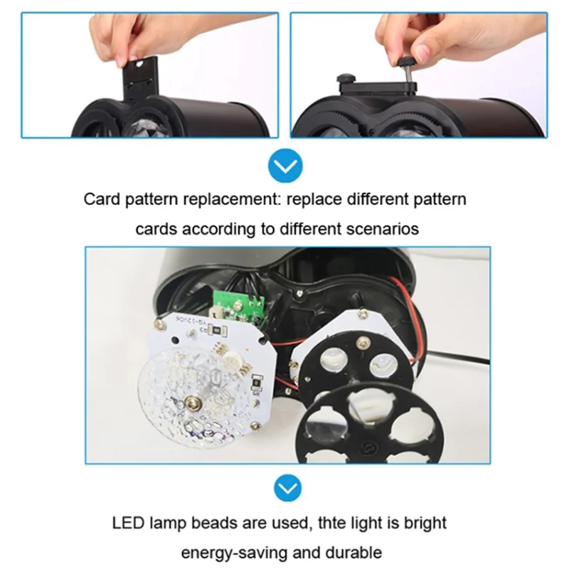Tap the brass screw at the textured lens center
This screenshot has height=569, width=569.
tap(191, 403)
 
